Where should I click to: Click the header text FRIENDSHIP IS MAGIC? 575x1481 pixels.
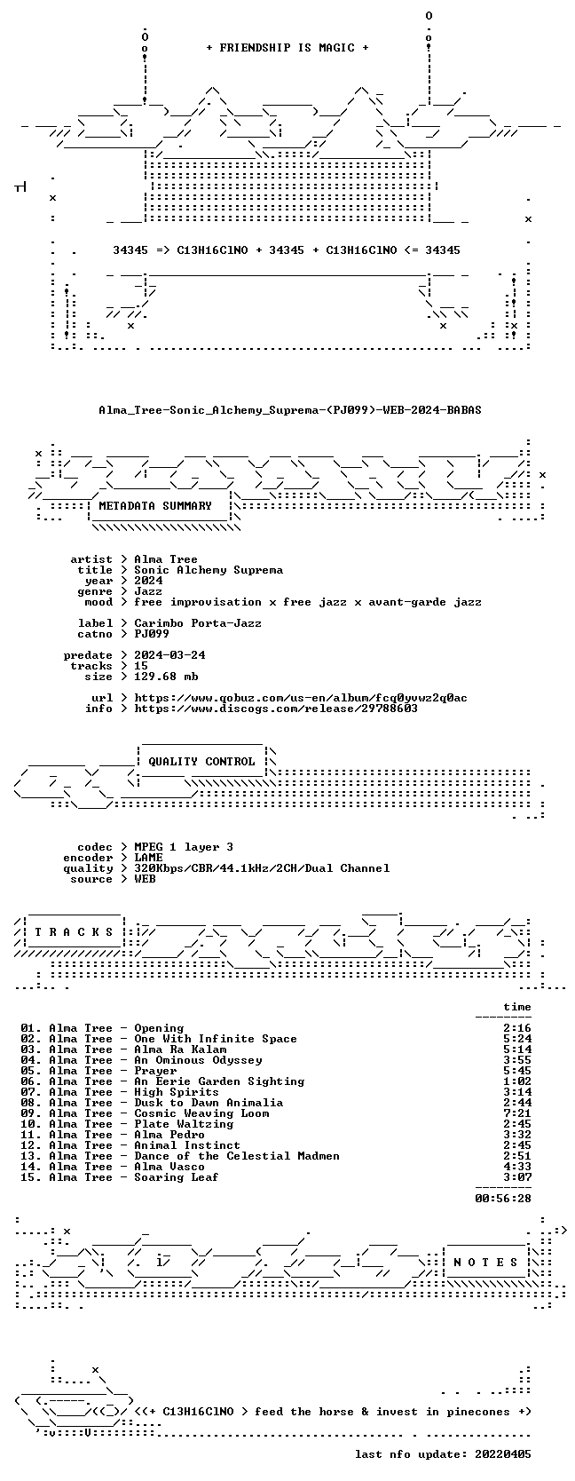click(x=287, y=48)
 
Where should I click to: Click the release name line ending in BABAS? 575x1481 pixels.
click(x=289, y=410)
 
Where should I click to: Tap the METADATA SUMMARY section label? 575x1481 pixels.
click(x=155, y=506)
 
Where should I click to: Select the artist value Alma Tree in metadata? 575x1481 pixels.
click(x=166, y=559)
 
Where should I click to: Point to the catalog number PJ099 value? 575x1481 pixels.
click(x=152, y=634)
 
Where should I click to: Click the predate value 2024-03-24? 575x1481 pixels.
click(x=169, y=655)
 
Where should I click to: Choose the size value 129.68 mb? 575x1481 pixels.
click(x=166, y=677)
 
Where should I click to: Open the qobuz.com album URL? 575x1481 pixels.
click(x=301, y=698)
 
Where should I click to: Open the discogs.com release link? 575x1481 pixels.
click(x=276, y=709)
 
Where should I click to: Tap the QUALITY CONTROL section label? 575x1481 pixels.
click(x=201, y=762)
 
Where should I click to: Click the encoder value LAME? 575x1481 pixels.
click(x=149, y=858)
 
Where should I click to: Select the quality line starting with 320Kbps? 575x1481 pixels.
click(x=262, y=868)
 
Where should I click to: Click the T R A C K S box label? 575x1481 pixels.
click(x=74, y=932)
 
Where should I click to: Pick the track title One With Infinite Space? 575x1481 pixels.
click(x=216, y=1039)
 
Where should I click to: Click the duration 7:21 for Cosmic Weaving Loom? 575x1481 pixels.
click(x=516, y=1113)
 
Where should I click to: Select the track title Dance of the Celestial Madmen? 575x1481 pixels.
click(x=237, y=1156)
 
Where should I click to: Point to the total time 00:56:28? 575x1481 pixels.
click(x=503, y=1198)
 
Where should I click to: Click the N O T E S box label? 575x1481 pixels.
click(x=485, y=1263)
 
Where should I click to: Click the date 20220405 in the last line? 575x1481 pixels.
click(x=503, y=1453)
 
